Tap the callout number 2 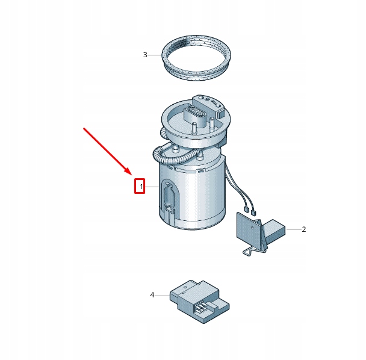click(x=304, y=229)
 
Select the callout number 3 click(x=145, y=55)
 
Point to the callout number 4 click(x=152, y=295)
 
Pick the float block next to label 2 click(x=275, y=229)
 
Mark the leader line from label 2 click(x=293, y=229)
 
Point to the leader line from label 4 click(x=163, y=295)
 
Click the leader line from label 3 click(x=156, y=55)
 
